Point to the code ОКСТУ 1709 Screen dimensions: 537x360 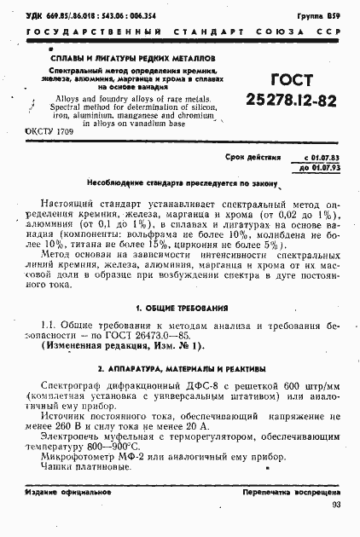(x=51, y=135)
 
